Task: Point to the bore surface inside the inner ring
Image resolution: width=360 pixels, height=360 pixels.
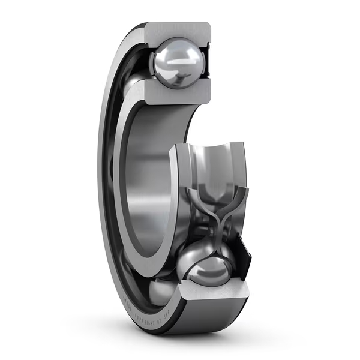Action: click(150, 180)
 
